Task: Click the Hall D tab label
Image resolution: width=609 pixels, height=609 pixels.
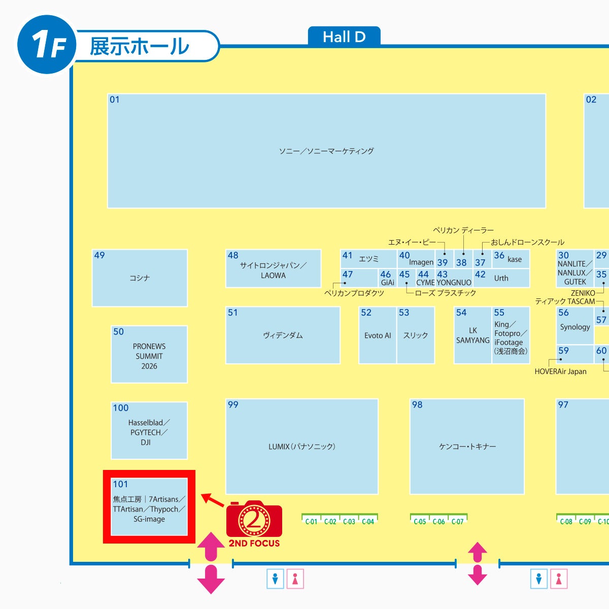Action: pos(344,37)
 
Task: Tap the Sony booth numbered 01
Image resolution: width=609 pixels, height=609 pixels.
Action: pos(326,151)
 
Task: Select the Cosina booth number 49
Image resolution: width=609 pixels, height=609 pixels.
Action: pos(99,255)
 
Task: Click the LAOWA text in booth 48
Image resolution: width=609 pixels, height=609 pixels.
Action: pos(273,276)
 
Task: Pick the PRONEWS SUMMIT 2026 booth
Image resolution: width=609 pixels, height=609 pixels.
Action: pos(149,355)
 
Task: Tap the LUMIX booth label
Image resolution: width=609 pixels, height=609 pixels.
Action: pos(302,447)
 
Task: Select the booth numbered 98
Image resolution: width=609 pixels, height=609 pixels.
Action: pos(467,446)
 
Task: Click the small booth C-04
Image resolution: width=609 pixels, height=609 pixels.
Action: pos(368,521)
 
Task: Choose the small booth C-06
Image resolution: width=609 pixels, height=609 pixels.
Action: pos(438,521)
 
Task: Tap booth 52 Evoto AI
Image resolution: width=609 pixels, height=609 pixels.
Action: pos(378,335)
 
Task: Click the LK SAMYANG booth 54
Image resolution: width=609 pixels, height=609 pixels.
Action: pos(473,335)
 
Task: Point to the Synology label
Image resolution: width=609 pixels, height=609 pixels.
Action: pos(575,327)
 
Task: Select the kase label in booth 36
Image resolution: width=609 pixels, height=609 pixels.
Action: pos(515,259)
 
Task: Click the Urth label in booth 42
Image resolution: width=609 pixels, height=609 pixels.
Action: pos(501,278)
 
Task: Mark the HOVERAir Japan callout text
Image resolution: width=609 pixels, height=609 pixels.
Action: pos(560,371)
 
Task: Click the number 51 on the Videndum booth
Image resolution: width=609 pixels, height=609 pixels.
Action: pos(233,313)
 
